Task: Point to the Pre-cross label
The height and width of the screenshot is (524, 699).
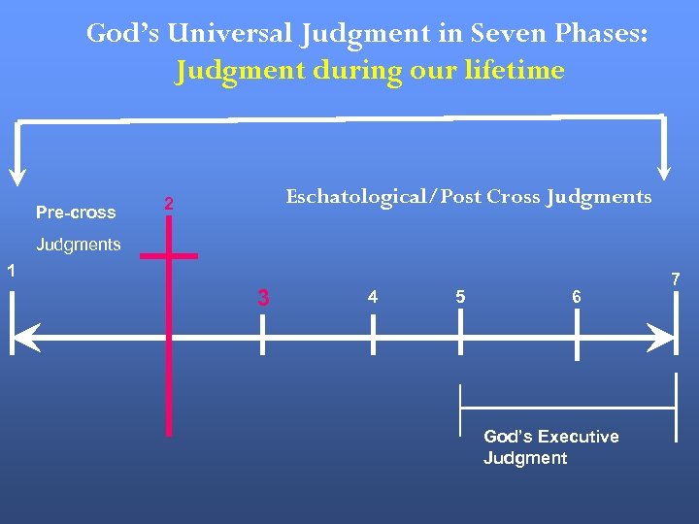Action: tap(76, 213)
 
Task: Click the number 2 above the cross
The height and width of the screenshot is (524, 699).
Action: tap(169, 204)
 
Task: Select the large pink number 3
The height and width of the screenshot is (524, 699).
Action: tap(263, 298)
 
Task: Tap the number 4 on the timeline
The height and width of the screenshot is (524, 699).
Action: tap(373, 297)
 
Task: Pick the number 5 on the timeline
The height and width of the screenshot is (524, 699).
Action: tap(460, 297)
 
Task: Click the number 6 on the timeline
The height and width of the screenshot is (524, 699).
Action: tap(577, 297)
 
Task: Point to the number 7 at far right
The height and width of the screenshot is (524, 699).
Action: tap(677, 280)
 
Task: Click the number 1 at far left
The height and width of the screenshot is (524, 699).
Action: tap(9, 272)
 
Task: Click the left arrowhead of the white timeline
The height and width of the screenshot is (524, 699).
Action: tap(21, 339)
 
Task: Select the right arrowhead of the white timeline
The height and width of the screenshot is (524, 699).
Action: tap(663, 339)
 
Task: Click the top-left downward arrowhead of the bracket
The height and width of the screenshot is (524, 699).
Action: tap(17, 175)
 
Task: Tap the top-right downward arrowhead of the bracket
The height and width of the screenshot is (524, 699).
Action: tap(665, 171)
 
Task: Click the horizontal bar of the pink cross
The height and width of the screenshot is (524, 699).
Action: tap(169, 256)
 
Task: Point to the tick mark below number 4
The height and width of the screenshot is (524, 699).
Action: tap(373, 338)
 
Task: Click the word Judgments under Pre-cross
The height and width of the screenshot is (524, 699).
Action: tap(79, 245)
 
